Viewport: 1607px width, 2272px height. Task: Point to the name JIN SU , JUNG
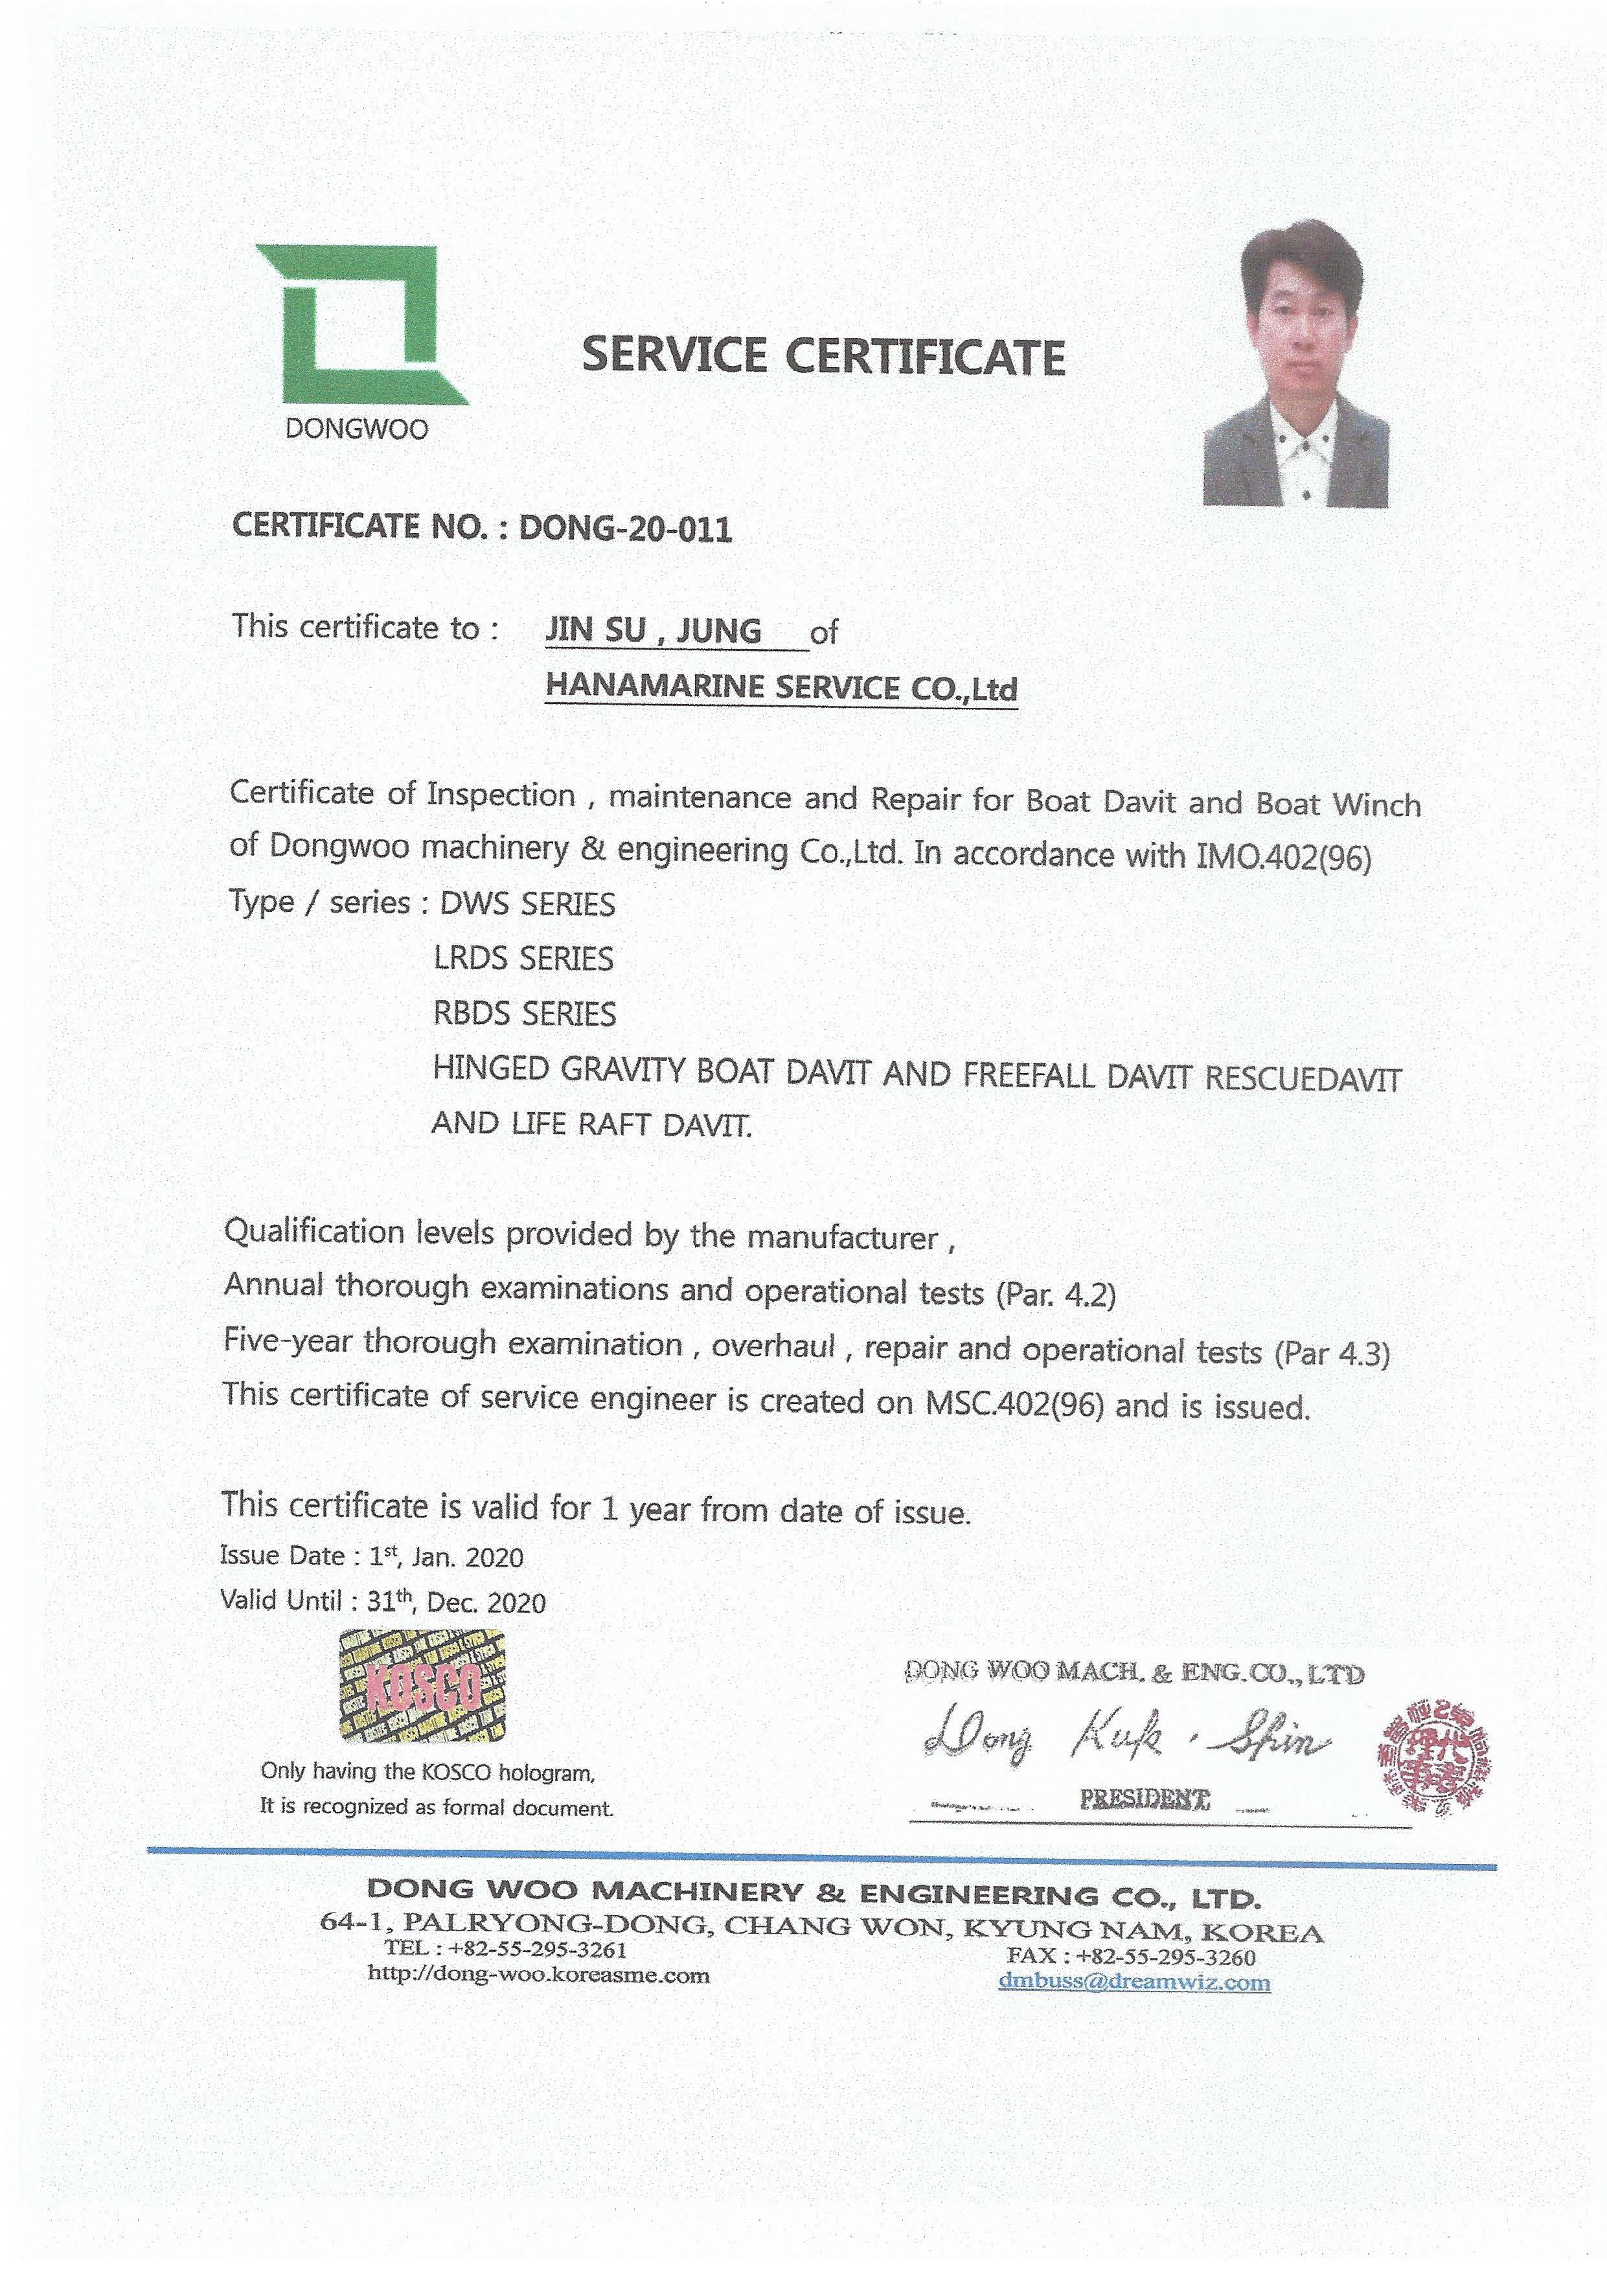[653, 630]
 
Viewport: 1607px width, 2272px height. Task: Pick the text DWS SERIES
[527, 903]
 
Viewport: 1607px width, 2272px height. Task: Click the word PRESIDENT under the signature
[1145, 1798]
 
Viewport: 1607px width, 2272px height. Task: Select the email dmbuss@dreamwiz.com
[1134, 1982]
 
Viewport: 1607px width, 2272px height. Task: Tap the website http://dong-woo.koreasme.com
[538, 1975]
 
